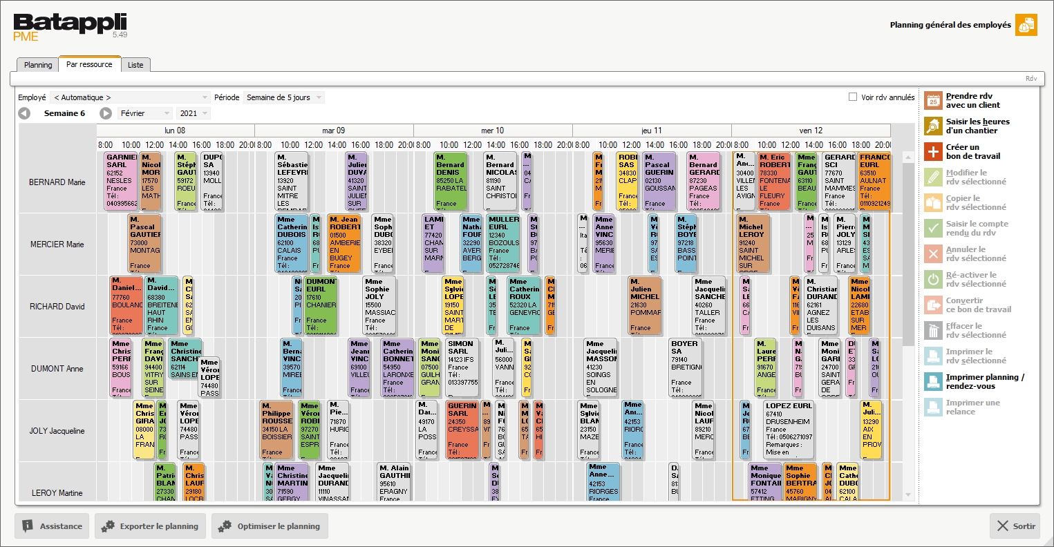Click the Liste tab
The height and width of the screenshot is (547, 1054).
pos(135,65)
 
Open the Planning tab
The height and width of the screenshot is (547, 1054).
pos(38,65)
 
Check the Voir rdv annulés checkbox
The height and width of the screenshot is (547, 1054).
pos(853,97)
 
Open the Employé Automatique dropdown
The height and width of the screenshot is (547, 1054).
pos(131,97)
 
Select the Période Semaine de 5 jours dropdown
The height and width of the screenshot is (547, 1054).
pos(283,97)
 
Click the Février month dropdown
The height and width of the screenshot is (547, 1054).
pos(144,113)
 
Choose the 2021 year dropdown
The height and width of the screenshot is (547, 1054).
pos(194,113)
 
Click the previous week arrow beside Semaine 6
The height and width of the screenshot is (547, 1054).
pos(24,113)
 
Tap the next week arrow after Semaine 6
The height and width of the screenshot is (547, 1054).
pos(106,113)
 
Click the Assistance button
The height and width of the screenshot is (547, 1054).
pos(52,526)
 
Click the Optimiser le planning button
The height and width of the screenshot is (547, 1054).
pos(270,526)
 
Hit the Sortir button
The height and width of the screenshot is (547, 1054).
pos(1015,526)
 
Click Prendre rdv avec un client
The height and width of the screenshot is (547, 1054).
pos(972,101)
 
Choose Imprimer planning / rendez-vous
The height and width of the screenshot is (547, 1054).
pos(984,382)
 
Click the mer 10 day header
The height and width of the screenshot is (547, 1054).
pos(493,131)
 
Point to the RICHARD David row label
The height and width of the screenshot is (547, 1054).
pos(57,307)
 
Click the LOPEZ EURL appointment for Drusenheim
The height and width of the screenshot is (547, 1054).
pos(788,428)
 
